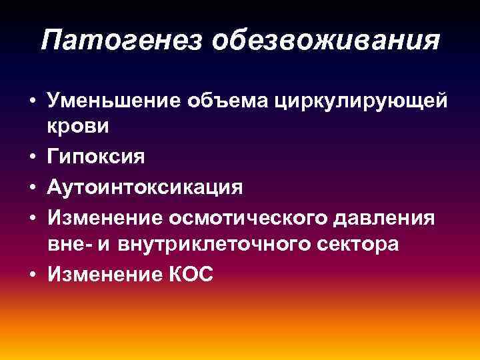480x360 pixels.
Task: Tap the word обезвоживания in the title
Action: [x=327, y=41]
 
